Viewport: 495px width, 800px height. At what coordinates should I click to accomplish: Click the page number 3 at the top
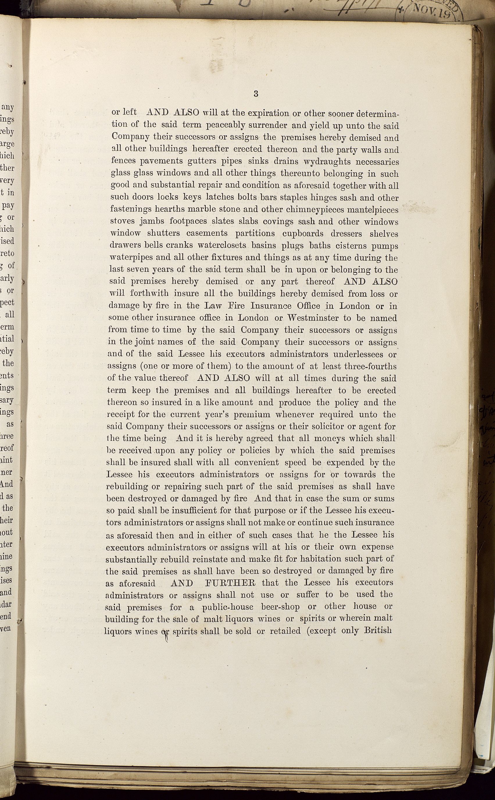click(256, 94)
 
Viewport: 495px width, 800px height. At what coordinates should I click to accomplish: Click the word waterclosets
click(221, 246)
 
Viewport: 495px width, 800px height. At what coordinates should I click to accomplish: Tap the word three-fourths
click(373, 366)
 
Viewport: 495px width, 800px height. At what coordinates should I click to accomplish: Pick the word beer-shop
click(280, 607)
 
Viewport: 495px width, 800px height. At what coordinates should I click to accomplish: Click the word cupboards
click(303, 234)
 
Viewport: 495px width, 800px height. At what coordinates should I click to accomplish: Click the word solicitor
click(340, 427)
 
